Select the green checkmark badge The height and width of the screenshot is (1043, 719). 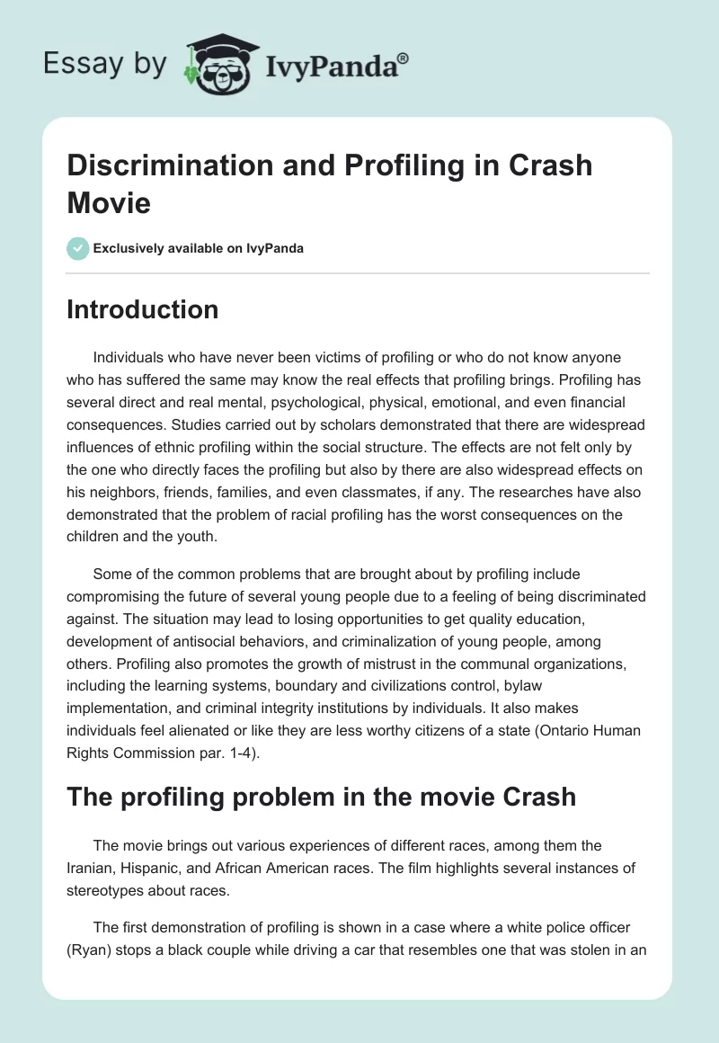pyautogui.click(x=78, y=248)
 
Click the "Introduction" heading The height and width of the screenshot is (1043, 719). pyautogui.click(x=142, y=309)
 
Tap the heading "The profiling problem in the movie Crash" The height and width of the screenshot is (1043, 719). pyautogui.click(x=321, y=796)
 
